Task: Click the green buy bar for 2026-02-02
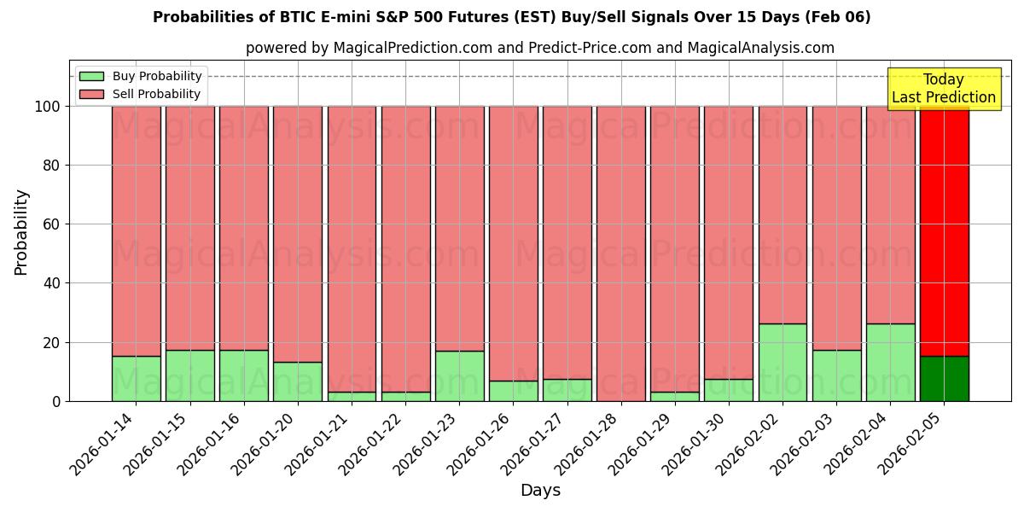(x=783, y=362)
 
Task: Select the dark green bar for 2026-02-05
(x=944, y=378)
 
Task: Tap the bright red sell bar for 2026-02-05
(x=944, y=230)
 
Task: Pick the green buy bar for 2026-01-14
(x=137, y=378)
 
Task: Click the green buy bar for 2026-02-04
(x=890, y=362)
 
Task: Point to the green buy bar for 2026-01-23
(x=459, y=375)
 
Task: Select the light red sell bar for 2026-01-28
(x=621, y=253)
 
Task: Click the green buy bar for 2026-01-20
(x=298, y=381)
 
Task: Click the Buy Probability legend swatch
(x=91, y=77)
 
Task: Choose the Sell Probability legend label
(x=156, y=94)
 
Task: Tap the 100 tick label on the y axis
(x=47, y=107)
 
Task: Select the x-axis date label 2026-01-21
(x=317, y=446)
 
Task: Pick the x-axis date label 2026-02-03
(x=802, y=446)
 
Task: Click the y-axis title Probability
(x=21, y=232)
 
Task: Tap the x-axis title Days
(x=540, y=491)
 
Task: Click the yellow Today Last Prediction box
(x=943, y=89)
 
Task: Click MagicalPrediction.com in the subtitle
(x=413, y=48)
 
